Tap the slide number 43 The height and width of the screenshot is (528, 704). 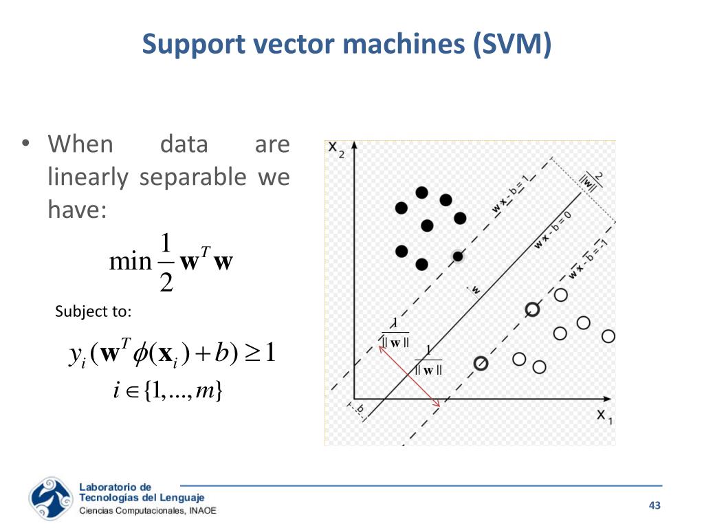click(654, 506)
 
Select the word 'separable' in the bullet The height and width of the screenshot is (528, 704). click(192, 177)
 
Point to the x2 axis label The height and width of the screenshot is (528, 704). click(335, 149)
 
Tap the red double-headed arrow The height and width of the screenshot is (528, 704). click(410, 376)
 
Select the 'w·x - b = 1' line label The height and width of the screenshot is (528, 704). click(511, 194)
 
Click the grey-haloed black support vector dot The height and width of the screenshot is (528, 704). click(457, 256)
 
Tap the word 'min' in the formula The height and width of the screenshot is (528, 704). click(129, 262)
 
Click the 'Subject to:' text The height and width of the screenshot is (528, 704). click(93, 311)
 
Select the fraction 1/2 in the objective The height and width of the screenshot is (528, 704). click(165, 263)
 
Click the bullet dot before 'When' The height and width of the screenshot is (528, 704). click(25, 144)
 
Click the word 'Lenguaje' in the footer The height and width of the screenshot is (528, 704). click(182, 498)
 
